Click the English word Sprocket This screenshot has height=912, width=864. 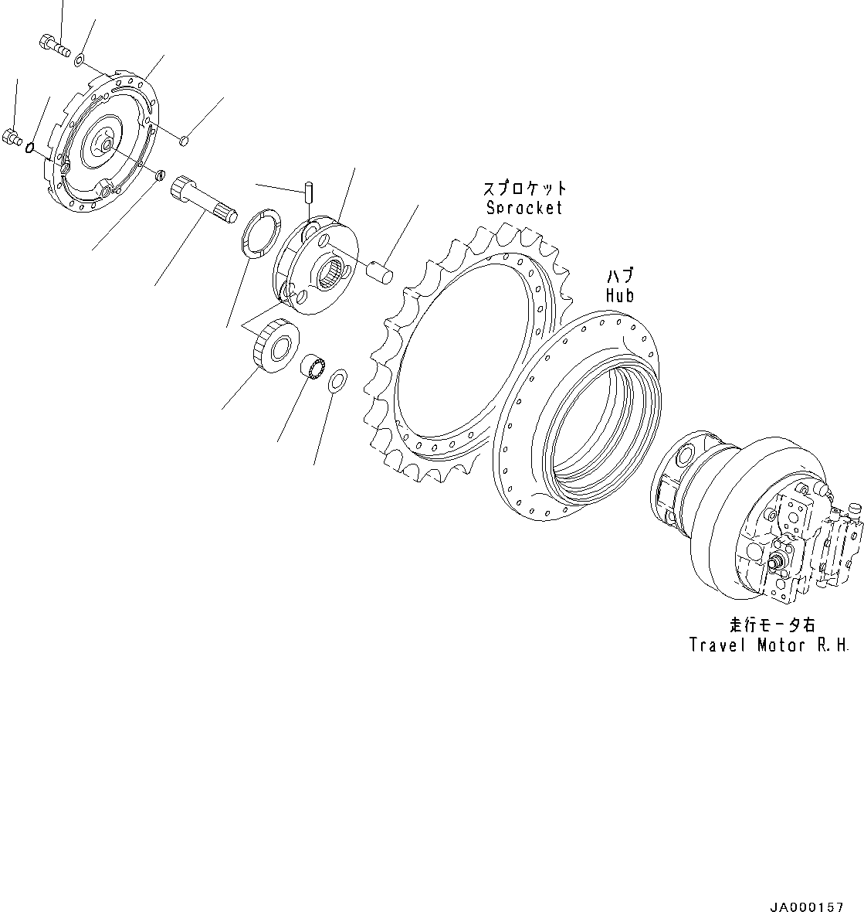(x=524, y=208)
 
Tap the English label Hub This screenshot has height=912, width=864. (x=619, y=295)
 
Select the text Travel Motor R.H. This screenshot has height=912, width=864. (x=769, y=645)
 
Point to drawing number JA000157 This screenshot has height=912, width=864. (x=806, y=906)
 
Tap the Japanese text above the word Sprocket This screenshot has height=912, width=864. (x=524, y=189)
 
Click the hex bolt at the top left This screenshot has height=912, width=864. (x=53, y=44)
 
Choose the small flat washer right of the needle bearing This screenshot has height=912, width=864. (x=337, y=380)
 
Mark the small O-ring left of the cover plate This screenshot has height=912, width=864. (x=30, y=147)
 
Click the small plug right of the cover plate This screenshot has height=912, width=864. (x=185, y=140)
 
